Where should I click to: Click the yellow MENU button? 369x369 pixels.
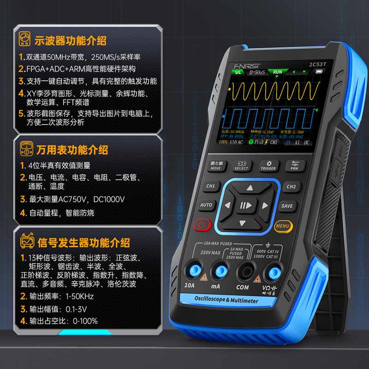(x=282, y=226)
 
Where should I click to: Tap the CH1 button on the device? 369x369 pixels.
(x=210, y=186)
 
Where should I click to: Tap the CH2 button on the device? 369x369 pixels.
(x=291, y=186)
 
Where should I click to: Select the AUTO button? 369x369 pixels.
(x=206, y=205)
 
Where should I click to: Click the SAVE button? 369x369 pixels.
(x=287, y=206)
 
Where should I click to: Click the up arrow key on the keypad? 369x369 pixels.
(x=250, y=188)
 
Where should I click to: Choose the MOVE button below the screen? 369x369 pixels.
(x=215, y=166)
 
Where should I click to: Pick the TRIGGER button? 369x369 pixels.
(x=268, y=166)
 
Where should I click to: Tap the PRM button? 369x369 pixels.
(x=294, y=166)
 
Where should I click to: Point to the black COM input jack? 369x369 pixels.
(x=243, y=270)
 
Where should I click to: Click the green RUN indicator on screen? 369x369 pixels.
(x=277, y=72)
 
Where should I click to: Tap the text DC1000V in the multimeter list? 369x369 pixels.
(x=109, y=200)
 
